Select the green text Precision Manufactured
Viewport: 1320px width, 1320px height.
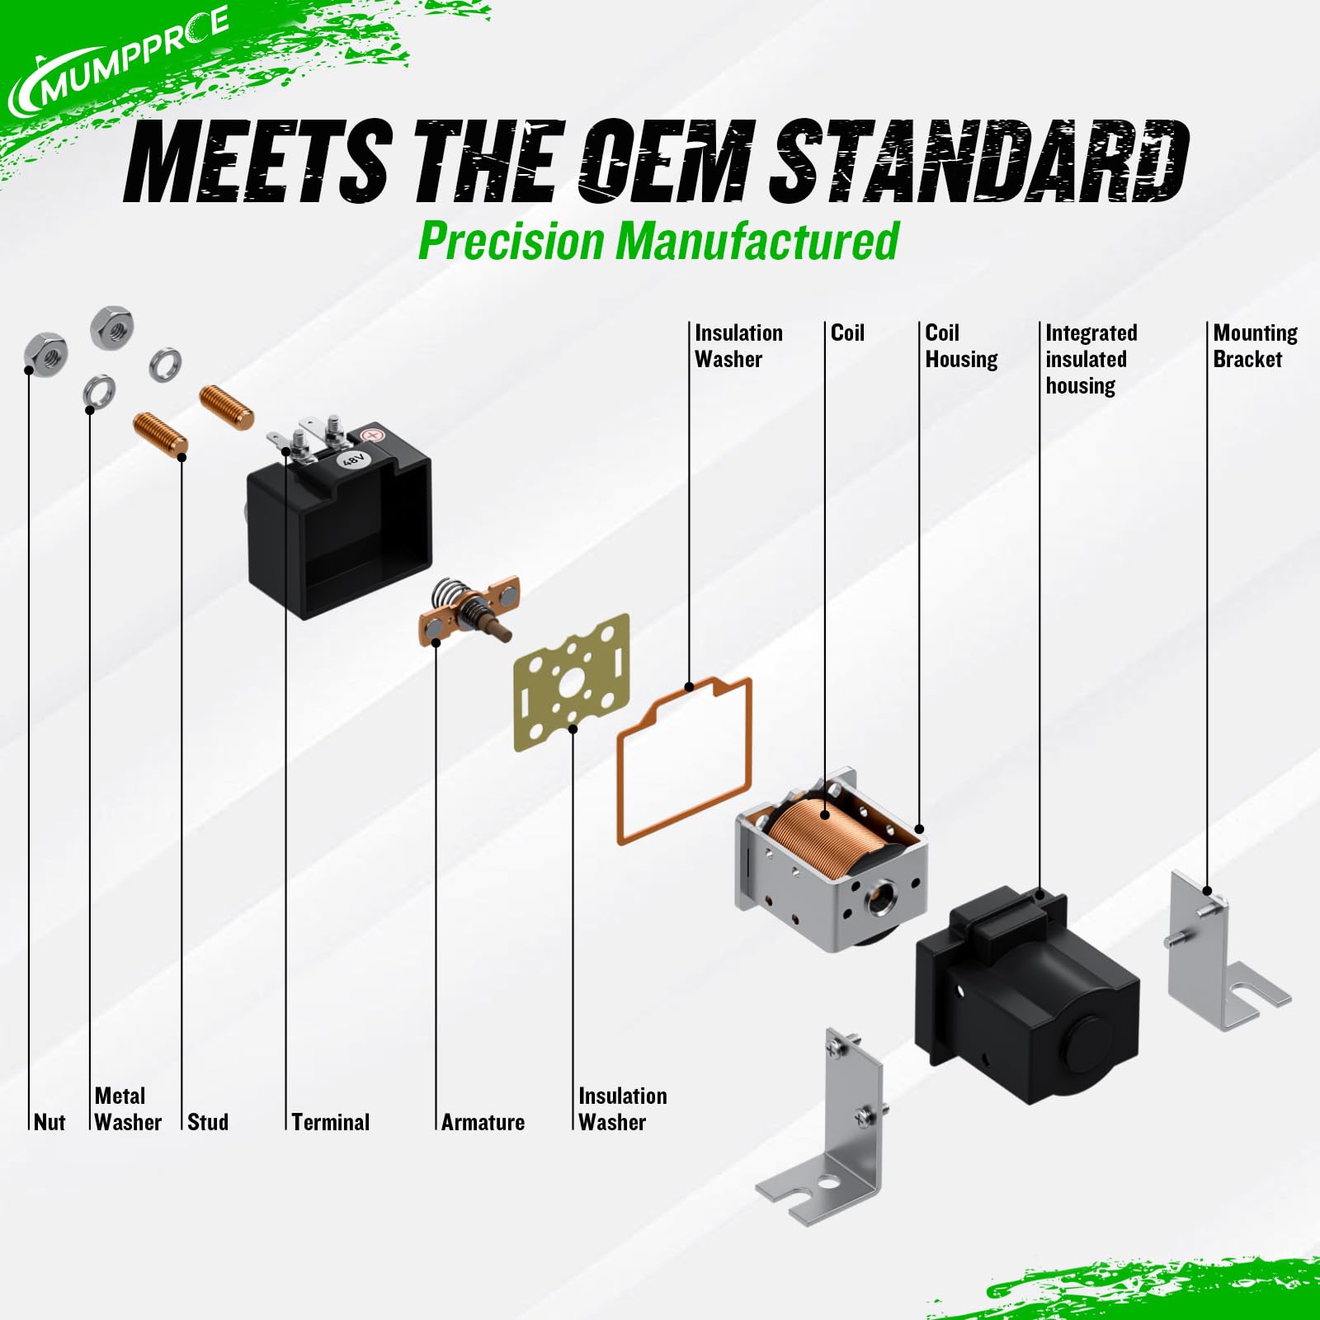658,241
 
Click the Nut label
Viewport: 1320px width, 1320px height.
49,1122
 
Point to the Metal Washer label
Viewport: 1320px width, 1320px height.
128,1109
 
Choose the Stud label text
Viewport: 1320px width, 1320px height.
208,1122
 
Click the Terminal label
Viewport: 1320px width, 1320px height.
331,1122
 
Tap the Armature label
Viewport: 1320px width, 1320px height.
483,1122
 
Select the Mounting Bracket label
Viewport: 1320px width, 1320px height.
1255,346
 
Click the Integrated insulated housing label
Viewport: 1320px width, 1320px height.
1091,359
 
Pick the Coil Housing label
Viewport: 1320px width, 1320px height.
961,346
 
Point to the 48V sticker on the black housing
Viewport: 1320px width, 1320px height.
354,459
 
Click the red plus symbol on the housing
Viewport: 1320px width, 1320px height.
372,435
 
